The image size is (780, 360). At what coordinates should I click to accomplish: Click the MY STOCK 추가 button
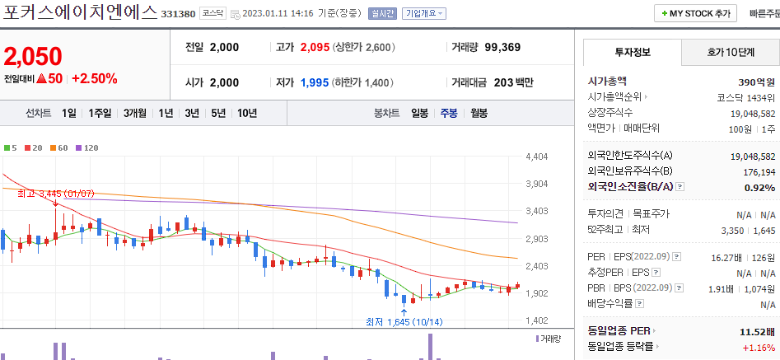coord(695,14)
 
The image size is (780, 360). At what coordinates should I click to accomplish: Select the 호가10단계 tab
coord(730,52)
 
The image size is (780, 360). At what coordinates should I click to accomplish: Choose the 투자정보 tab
coord(632,52)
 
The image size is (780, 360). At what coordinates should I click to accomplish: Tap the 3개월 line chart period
coord(135,113)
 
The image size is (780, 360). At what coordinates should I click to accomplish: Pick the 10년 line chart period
coord(246,113)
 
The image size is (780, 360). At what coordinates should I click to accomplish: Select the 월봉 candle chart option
coord(479,113)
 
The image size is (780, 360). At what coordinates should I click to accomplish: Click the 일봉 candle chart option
coord(419,113)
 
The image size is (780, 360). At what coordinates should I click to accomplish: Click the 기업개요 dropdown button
coord(423,14)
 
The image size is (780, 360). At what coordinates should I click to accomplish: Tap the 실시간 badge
coord(383,14)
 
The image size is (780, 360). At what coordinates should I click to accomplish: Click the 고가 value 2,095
coord(315,47)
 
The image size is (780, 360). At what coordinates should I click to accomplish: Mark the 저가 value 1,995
coord(315,82)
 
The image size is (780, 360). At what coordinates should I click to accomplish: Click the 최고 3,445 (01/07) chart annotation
coord(56,194)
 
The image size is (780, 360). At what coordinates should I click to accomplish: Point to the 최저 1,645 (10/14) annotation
coord(404,321)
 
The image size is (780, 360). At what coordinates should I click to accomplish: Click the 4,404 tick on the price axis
coord(536,157)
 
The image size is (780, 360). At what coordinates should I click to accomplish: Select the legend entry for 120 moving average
coord(86,147)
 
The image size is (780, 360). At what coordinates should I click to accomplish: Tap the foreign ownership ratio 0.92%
coord(759,187)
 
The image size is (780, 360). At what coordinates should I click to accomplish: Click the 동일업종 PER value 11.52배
coord(755,330)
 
